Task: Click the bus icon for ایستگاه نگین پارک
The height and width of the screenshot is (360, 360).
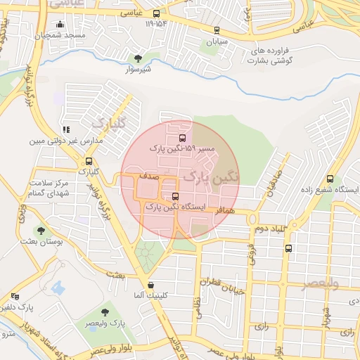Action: click(x=175, y=197)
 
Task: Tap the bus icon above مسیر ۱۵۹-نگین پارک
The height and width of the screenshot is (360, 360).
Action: click(x=183, y=138)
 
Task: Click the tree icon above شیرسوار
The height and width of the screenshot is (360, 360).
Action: click(x=138, y=58)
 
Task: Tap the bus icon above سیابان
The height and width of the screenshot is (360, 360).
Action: click(x=216, y=30)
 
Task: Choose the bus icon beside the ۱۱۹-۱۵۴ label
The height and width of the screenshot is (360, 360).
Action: click(x=156, y=13)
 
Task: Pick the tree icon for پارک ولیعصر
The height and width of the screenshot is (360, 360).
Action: click(x=105, y=311)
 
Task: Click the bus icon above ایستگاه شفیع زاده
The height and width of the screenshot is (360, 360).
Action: click(x=330, y=179)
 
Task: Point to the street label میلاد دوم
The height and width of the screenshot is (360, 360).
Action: click(x=269, y=229)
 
